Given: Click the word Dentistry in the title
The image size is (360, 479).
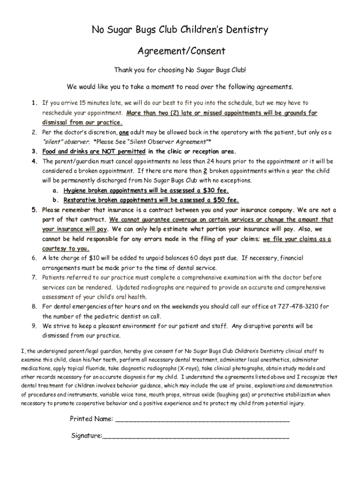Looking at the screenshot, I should (245, 30).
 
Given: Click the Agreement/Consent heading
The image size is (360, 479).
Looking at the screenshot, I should (180, 51).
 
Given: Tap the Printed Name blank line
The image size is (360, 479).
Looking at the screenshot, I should (202, 419).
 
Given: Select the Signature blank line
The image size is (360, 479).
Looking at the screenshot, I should (195, 436).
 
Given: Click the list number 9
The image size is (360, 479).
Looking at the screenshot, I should (34, 326).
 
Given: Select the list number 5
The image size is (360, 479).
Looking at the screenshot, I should (34, 210).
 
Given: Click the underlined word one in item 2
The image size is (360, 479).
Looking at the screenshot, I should (124, 132).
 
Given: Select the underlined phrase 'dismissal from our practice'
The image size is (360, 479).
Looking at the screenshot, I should (82, 123).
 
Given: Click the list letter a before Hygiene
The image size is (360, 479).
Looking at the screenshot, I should (55, 190).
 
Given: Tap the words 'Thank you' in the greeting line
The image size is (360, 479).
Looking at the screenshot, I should (127, 70).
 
